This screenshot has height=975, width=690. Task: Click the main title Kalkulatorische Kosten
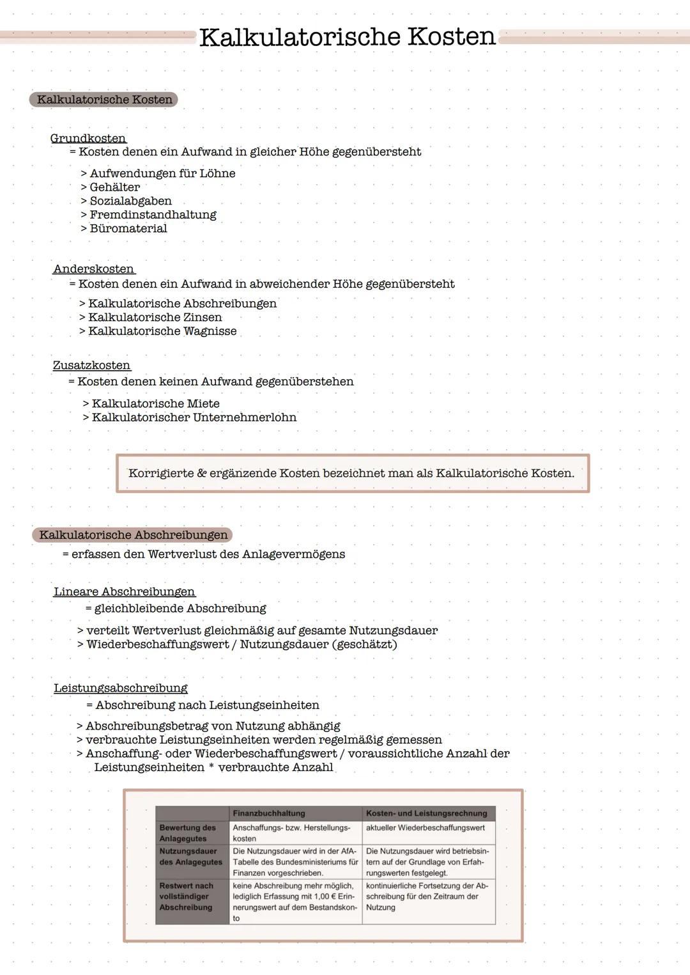coord(347,37)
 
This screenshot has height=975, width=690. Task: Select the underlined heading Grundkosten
coord(88,138)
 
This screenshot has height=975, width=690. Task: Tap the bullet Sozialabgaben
coord(130,201)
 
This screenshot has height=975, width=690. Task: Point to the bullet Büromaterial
coord(128,228)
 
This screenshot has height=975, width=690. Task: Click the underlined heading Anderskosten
coord(94,269)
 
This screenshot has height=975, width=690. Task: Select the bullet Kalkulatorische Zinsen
coord(155,317)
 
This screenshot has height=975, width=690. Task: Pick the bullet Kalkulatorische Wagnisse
coord(162,331)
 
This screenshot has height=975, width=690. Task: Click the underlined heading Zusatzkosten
coord(91,366)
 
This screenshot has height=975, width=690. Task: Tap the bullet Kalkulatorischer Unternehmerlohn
coord(194,417)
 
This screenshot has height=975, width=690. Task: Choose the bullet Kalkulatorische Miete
coord(155,403)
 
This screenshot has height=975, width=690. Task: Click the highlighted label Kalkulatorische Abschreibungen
coord(133,534)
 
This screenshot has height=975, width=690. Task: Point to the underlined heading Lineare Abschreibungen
coord(124,592)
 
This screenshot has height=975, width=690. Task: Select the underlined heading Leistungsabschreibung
coord(121,689)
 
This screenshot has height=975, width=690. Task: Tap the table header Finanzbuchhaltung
coord(269,813)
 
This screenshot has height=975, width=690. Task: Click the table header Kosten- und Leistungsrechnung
coord(426,813)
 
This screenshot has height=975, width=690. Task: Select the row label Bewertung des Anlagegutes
coord(188,833)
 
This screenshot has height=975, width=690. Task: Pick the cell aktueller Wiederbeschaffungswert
coord(425,828)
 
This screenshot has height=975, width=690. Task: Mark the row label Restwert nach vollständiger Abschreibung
coord(186,896)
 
